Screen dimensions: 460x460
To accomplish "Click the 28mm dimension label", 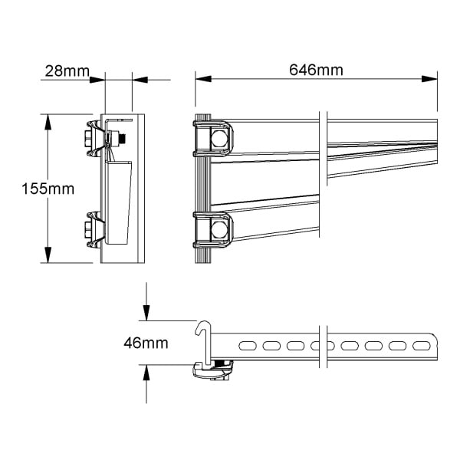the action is click(67, 71).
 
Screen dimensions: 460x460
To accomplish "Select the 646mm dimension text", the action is click(316, 70).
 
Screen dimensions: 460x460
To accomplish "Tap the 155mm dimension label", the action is click(48, 189).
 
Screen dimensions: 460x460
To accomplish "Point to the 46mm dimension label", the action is click(146, 343).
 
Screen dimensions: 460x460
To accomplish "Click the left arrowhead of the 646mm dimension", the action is click(203, 79).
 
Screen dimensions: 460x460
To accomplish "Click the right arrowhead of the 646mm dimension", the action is click(429, 79).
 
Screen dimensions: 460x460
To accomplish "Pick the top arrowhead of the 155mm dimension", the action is click(48, 122).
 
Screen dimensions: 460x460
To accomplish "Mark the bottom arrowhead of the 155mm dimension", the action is click(48, 255).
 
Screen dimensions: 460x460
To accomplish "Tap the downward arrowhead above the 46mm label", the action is click(146, 313).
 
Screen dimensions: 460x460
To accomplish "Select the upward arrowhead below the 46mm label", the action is click(146, 373).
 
